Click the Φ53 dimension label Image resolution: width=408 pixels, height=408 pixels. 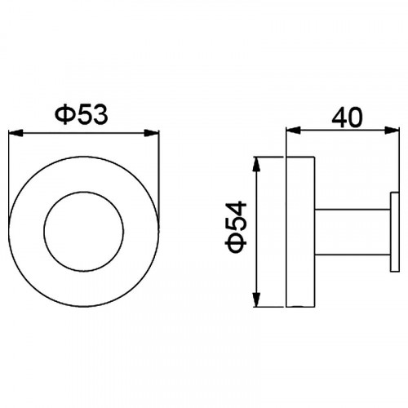(x=82, y=115)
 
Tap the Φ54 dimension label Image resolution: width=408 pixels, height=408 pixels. (x=236, y=227)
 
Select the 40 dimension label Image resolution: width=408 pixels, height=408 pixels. (x=347, y=118)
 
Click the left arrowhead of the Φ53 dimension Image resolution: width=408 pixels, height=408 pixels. (x=16, y=133)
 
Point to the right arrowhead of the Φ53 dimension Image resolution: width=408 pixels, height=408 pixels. (x=152, y=133)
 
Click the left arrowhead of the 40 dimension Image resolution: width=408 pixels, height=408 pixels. (x=293, y=131)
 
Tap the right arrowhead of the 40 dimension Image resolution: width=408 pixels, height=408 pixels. (x=392, y=131)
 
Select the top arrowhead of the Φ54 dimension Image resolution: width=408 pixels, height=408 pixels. (x=256, y=164)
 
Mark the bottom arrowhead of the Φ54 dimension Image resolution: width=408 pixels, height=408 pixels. (x=256, y=299)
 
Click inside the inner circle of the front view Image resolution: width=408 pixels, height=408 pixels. (x=84, y=232)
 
